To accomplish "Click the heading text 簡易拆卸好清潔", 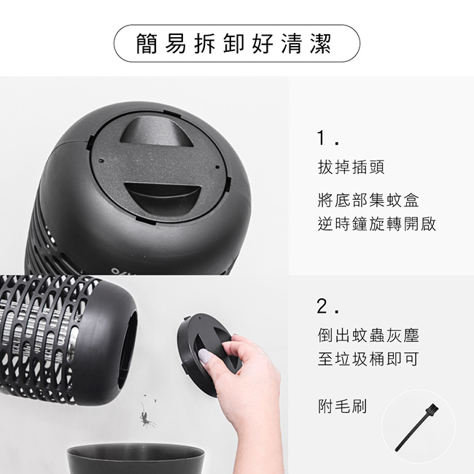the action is pos(234,44).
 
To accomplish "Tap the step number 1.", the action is pos(327,138).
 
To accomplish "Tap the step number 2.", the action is pos(327,306).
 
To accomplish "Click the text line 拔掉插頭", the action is pos(351,167).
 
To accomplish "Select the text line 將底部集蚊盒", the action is pos(368,200).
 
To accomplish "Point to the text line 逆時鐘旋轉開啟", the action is pos(377,224).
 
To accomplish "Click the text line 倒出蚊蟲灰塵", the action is pos(368,335).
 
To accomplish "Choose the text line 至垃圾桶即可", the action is pos(368,359).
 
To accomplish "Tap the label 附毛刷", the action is pos(342,406).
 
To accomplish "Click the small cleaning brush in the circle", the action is pos(417,427).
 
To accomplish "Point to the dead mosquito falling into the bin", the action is pos(147,419).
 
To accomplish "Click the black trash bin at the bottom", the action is pos(136,459).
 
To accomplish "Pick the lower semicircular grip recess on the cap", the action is pos(163,196).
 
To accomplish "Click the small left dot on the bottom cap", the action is pos(101,161).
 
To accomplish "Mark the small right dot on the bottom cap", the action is pos(217,166).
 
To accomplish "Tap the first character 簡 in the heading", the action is pos(147,44).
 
